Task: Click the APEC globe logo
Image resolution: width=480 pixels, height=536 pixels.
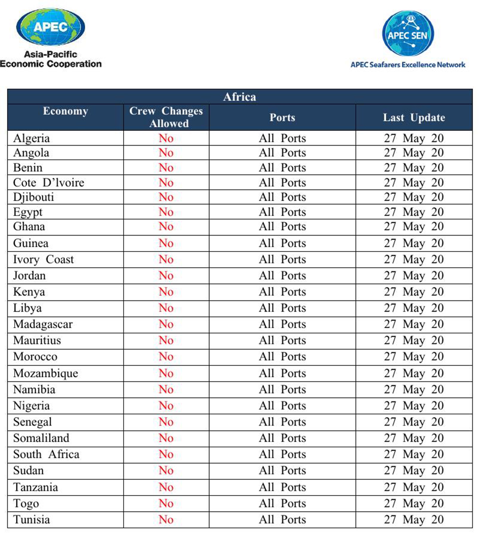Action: click(x=50, y=28)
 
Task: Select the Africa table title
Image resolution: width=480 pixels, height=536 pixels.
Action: click(x=240, y=97)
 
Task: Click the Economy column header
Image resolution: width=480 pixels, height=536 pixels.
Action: click(x=65, y=111)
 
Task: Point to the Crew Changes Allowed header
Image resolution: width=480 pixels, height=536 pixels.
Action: click(x=166, y=117)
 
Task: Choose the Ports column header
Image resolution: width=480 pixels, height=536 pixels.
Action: click(x=282, y=118)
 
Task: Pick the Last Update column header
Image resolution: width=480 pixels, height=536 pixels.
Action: click(x=414, y=118)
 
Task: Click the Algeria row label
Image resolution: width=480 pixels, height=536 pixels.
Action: click(x=32, y=138)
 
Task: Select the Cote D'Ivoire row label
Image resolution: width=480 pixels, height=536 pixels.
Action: click(x=48, y=183)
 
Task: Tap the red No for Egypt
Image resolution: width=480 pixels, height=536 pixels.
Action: click(x=166, y=212)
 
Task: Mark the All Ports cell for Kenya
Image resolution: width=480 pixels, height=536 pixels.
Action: click(x=282, y=292)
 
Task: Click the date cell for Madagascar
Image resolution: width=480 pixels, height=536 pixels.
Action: click(x=414, y=324)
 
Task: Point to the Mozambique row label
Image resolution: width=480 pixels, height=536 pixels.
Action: click(x=45, y=373)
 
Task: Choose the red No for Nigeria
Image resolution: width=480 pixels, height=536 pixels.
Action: click(x=166, y=406)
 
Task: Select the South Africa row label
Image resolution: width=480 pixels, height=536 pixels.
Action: click(x=46, y=454)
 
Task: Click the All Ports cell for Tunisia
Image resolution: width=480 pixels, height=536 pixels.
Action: click(x=282, y=520)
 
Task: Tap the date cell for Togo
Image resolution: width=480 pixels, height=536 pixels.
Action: click(x=414, y=503)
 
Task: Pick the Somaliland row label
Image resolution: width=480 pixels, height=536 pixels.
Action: click(x=41, y=438)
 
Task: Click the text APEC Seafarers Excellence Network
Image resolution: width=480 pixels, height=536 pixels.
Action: click(x=408, y=65)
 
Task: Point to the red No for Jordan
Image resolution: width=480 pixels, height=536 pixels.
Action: click(x=166, y=276)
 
